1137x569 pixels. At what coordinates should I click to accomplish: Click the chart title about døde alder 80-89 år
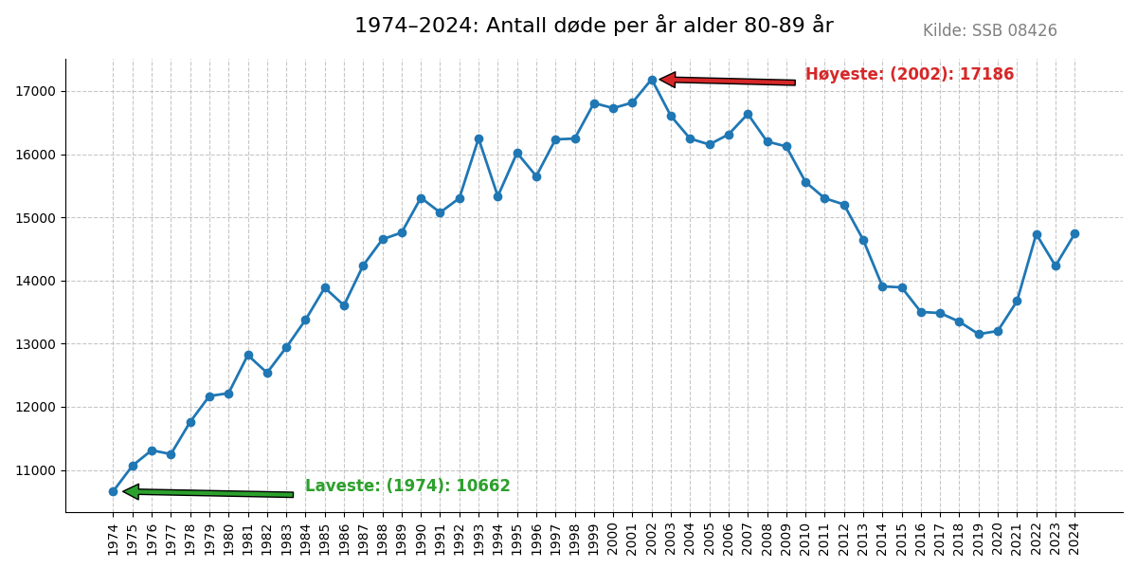(x=594, y=27)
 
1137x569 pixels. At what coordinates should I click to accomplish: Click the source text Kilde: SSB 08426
(x=989, y=31)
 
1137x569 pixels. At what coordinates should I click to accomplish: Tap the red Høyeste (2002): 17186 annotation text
(x=909, y=75)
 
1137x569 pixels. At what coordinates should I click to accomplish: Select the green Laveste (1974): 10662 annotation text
(x=407, y=486)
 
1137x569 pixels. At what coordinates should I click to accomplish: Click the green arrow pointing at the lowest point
(x=208, y=492)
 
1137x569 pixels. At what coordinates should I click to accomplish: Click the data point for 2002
(x=652, y=80)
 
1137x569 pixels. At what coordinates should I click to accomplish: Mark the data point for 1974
(x=113, y=491)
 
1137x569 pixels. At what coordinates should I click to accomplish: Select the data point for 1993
(x=478, y=138)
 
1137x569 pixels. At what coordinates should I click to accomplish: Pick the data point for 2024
(x=1074, y=233)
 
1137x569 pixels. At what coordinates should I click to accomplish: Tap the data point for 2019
(x=979, y=334)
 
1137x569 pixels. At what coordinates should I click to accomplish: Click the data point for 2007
(x=748, y=114)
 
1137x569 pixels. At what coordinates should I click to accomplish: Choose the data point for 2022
(x=1037, y=234)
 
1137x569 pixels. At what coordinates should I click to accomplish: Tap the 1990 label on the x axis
(x=421, y=539)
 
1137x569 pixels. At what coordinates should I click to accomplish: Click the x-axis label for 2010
(x=805, y=539)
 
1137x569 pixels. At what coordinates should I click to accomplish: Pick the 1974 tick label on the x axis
(x=113, y=539)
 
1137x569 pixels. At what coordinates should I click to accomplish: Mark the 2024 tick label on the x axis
(x=1074, y=539)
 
